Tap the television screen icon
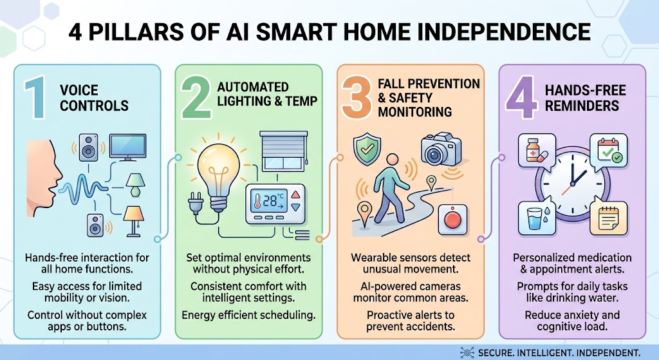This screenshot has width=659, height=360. click(128, 147)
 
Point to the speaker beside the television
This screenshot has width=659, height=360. click(89, 147)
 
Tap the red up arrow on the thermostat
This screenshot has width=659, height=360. click(296, 194)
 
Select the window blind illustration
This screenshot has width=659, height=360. click(284, 151)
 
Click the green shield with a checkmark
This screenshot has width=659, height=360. click(367, 149)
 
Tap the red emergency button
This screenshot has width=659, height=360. click(452, 220)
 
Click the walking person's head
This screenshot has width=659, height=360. click(392, 160)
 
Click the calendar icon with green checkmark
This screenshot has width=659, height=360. click(609, 151)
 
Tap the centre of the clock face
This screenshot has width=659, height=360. click(572, 184)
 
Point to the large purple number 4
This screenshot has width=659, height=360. click(521, 98)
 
